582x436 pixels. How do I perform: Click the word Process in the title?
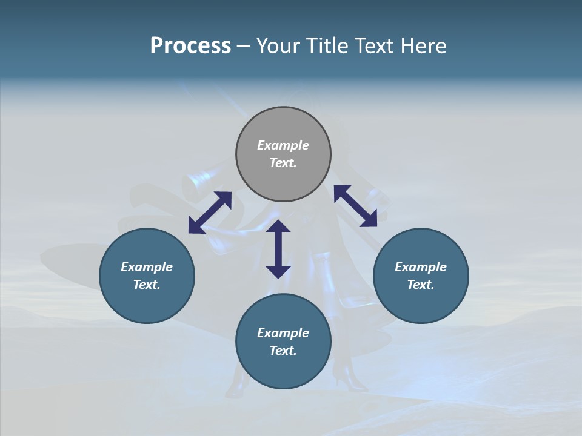click(190, 46)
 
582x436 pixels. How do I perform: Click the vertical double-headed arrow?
click(278, 249)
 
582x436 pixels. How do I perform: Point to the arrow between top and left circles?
click(210, 213)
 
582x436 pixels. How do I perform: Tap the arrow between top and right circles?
click(356, 206)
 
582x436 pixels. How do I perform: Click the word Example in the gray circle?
click(283, 145)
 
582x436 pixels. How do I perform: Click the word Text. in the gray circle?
click(283, 163)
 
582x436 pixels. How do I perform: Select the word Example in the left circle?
click(147, 267)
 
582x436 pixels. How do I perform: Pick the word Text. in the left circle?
click(147, 285)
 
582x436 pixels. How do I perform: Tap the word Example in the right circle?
click(421, 267)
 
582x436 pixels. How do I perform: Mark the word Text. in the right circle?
click(421, 285)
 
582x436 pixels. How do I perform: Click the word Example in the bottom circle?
click(283, 333)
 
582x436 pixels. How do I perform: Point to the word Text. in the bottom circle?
click(283, 351)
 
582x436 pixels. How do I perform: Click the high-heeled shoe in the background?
click(350, 378)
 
